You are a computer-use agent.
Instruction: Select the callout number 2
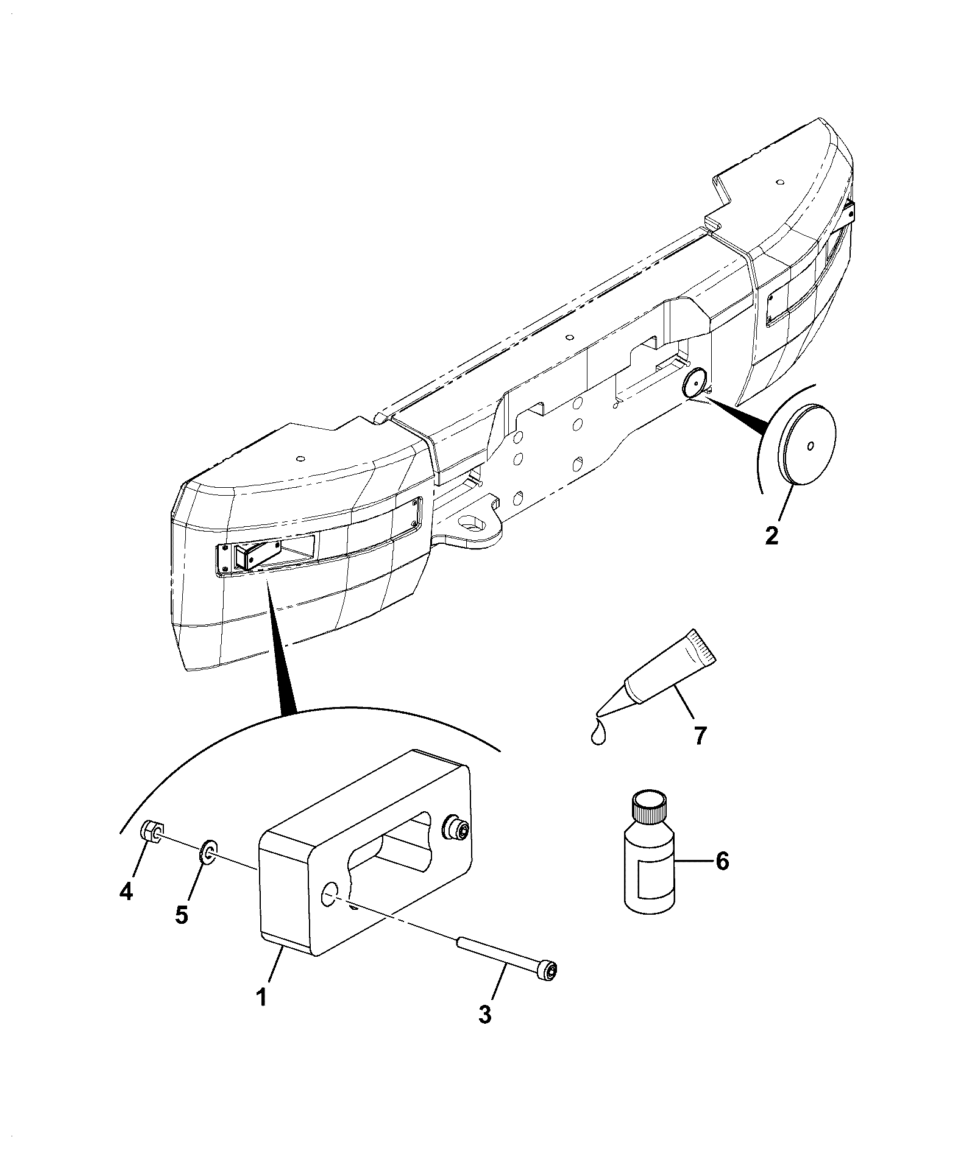coord(772,535)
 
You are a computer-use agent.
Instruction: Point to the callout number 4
coord(125,892)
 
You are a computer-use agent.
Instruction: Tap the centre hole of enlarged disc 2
coord(809,446)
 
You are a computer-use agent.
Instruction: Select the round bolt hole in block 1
coord(331,896)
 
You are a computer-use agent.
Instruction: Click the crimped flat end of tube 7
coord(704,646)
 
